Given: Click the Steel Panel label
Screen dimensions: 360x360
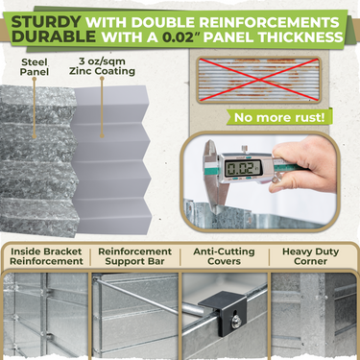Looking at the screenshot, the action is click(x=35, y=72).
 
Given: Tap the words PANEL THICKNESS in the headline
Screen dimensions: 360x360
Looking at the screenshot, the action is click(x=279, y=39).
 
